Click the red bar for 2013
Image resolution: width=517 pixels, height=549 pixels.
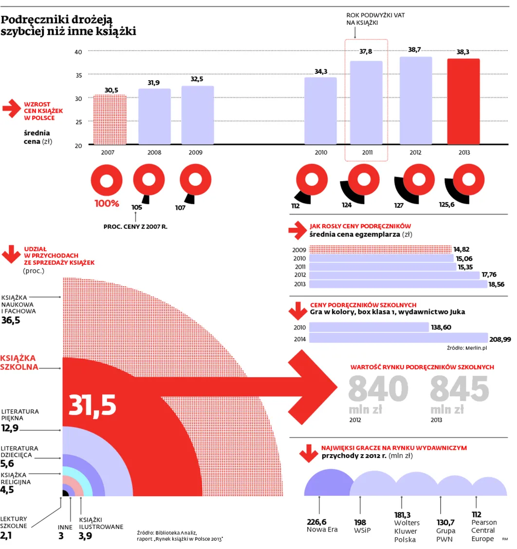(x=463, y=102)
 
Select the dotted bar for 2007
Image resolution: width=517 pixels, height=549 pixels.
(x=110, y=120)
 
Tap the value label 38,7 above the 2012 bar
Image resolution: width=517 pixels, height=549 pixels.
(x=415, y=50)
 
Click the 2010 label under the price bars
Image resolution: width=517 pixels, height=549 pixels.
(x=320, y=152)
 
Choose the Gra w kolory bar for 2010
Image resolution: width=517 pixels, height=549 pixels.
(x=369, y=327)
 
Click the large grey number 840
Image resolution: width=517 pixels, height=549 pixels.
(x=378, y=389)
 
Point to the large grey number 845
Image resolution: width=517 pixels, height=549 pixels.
(x=460, y=389)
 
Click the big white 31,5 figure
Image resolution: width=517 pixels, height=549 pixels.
(x=92, y=405)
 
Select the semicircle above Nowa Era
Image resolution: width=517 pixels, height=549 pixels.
(x=330, y=483)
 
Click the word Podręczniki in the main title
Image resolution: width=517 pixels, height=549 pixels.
(x=33, y=20)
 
